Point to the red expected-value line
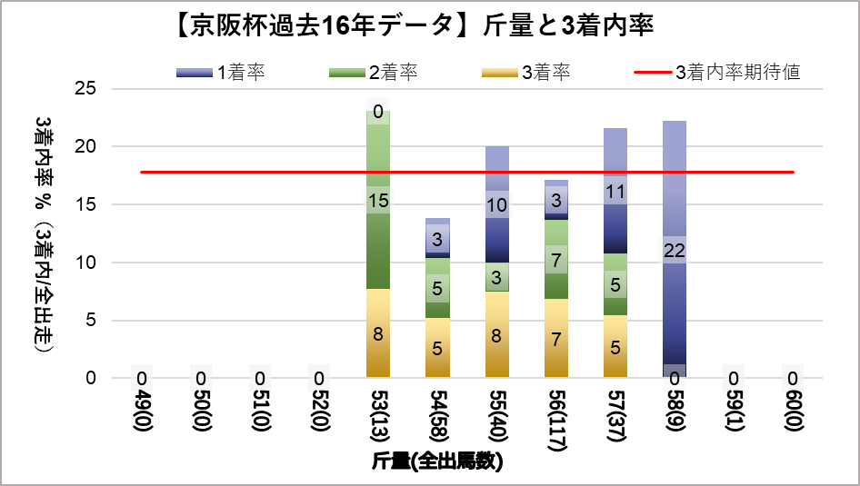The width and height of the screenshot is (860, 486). pos(273,172)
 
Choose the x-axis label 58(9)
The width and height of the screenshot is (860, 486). pos(674,417)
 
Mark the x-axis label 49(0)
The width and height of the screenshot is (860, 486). pos(142,417)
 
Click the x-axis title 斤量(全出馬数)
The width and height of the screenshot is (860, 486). pos(437,461)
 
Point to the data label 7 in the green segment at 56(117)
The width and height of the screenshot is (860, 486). pos(555,261)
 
